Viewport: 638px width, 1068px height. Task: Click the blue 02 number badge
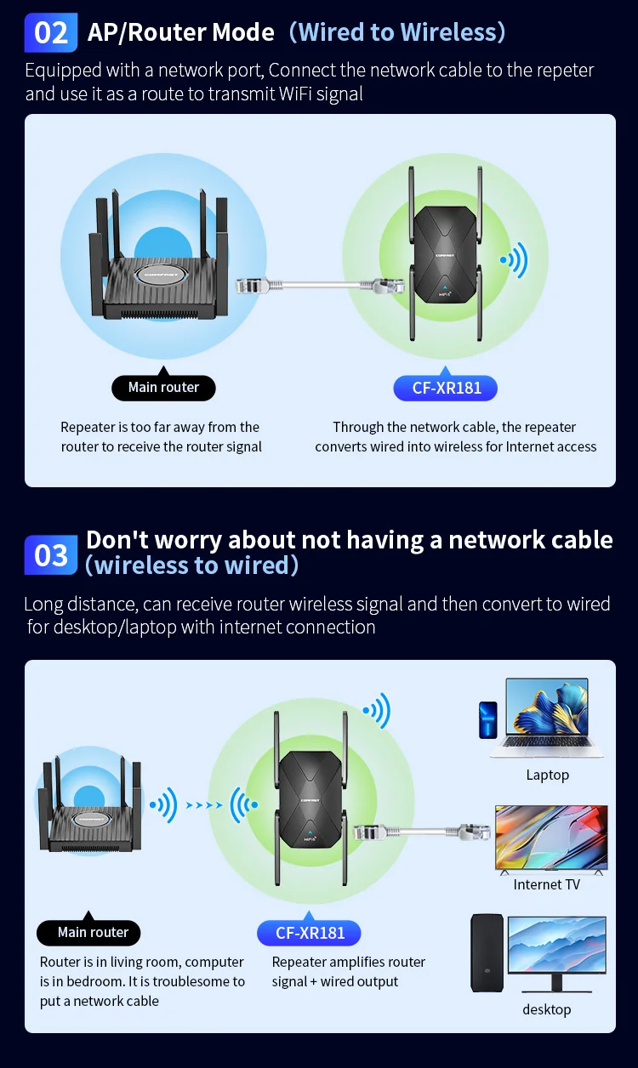click(x=51, y=33)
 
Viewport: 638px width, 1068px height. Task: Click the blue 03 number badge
click(x=51, y=555)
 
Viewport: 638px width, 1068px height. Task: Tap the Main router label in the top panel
click(x=163, y=388)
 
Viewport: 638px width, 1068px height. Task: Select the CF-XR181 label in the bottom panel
click(x=309, y=933)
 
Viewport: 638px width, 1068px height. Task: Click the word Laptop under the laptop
click(x=547, y=775)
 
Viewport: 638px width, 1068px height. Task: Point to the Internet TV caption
click(x=546, y=884)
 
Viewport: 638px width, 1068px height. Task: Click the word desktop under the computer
click(x=546, y=1009)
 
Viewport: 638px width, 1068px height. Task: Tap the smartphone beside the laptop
click(x=487, y=719)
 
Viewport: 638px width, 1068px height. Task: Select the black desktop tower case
click(x=487, y=952)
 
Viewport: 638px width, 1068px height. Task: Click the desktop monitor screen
click(x=557, y=944)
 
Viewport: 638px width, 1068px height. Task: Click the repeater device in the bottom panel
click(x=310, y=799)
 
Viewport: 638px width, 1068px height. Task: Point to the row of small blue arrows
click(x=204, y=804)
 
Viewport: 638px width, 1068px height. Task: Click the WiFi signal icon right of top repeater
click(x=514, y=260)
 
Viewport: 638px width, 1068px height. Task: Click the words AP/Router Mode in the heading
click(x=181, y=32)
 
